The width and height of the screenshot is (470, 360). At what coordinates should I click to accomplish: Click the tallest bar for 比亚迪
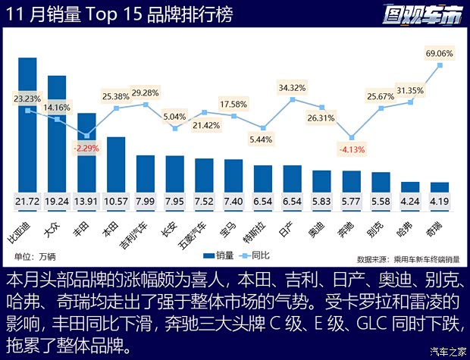pyautogui.click(x=28, y=129)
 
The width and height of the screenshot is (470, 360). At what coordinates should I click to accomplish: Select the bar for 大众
pyautogui.click(x=57, y=136)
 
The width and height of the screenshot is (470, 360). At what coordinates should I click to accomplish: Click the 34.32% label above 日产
pyautogui.click(x=292, y=88)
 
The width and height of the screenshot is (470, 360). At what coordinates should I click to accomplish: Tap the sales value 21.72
pyautogui.click(x=28, y=202)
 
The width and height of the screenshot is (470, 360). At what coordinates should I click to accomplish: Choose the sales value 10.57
pyautogui.click(x=116, y=202)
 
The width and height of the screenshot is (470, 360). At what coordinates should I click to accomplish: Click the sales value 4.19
pyautogui.click(x=440, y=202)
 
